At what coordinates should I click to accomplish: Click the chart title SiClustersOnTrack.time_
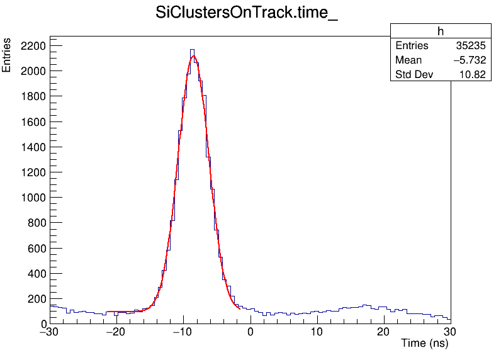pos(247,13)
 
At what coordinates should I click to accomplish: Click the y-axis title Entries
pos(7,55)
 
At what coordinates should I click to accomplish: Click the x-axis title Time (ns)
pos(424,344)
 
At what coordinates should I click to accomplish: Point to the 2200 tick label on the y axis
pos(32,46)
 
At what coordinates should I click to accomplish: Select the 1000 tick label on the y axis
pos(32,198)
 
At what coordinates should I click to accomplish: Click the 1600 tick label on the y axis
pos(32,122)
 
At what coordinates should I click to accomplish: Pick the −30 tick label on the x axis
pos(50,332)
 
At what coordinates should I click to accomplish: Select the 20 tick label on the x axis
pos(383,332)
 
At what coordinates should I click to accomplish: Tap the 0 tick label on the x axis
pos(250,332)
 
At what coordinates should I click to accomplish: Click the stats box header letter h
pos(441,31)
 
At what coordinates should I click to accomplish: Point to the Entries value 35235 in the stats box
pos(471,46)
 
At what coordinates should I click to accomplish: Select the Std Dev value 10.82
pos(473,75)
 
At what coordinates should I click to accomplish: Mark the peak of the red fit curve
pos(193,56)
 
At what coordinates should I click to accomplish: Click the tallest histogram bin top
pos(192,49)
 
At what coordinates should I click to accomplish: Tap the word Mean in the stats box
pos(408,60)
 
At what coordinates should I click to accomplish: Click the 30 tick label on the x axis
pos(449,332)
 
